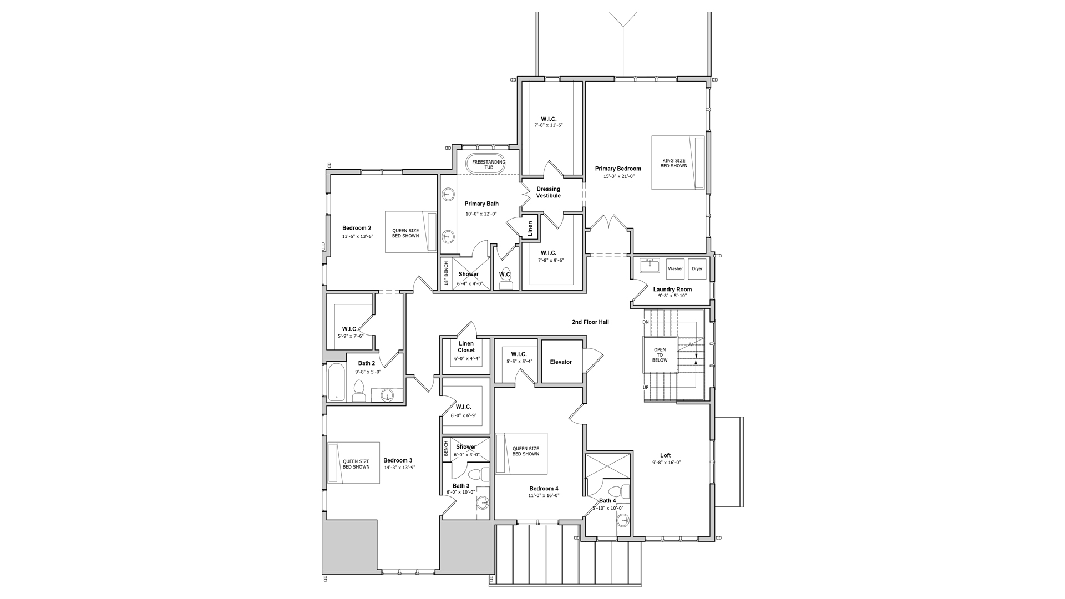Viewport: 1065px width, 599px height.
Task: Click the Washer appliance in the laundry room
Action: point(675,268)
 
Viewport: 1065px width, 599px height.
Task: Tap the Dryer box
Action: point(697,268)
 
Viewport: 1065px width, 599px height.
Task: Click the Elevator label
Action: point(561,362)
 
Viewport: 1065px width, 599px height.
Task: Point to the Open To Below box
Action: point(660,355)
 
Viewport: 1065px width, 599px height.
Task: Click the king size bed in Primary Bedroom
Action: point(678,163)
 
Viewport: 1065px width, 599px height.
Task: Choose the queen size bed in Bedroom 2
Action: point(411,232)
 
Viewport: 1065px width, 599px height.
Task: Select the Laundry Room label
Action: point(672,290)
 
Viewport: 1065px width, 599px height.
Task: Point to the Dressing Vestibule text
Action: point(548,192)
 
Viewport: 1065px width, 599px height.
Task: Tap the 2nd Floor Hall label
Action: point(591,322)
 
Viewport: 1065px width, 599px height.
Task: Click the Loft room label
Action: point(666,456)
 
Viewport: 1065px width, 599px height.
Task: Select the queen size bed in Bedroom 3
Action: point(353,463)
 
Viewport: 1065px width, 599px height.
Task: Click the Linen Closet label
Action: point(466,347)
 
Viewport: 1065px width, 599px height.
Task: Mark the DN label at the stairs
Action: point(646,322)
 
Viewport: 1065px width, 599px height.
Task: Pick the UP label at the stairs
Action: point(646,387)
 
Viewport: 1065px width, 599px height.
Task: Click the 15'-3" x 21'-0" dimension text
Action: point(618,176)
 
